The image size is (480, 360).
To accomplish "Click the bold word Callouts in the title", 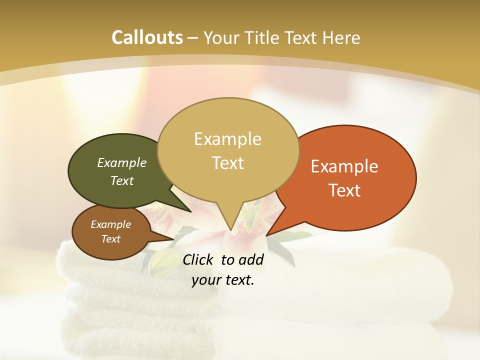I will pyautogui.click(x=147, y=37).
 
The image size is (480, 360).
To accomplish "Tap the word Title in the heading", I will pyautogui.click(x=264, y=37).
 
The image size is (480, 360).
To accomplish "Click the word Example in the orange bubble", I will pyautogui.click(x=344, y=166).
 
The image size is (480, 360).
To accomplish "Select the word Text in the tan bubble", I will pyautogui.click(x=228, y=163).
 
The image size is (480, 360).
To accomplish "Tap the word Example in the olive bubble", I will pyautogui.click(x=122, y=162).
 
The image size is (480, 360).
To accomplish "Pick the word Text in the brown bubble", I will pyautogui.click(x=111, y=239).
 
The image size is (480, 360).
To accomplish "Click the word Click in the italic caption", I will pyautogui.click(x=198, y=259).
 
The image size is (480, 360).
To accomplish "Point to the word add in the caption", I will pyautogui.click(x=251, y=259).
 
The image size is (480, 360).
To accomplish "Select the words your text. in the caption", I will pyautogui.click(x=223, y=280).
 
